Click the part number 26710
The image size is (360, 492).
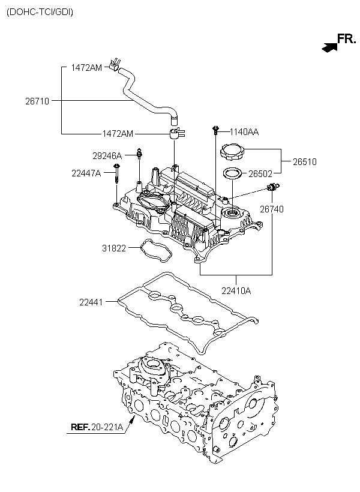(x=37, y=101)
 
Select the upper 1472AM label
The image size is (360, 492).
(x=86, y=67)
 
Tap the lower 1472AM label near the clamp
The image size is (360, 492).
(x=118, y=134)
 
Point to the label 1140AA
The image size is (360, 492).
(x=244, y=132)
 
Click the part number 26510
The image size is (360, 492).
(x=305, y=162)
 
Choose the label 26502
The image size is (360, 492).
(x=260, y=173)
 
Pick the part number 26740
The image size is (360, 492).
(x=272, y=209)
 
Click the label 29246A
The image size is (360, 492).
(x=107, y=155)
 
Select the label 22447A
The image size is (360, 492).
(x=86, y=173)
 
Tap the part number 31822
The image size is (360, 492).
(x=114, y=248)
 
